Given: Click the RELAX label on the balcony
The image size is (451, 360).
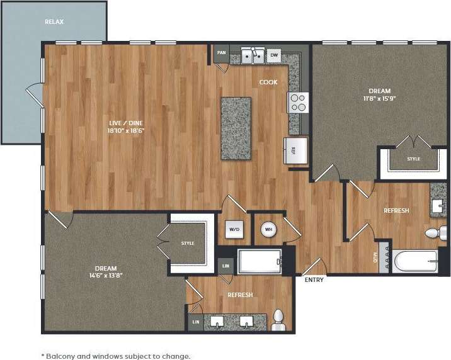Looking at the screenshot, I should coord(54,22).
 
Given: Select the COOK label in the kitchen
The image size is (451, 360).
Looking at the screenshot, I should coord(268,82).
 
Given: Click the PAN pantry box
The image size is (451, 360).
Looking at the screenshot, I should coord(221,53).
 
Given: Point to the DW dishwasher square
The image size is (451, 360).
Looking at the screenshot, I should coord(273,55).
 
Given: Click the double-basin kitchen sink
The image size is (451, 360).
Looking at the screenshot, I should coord(253,55).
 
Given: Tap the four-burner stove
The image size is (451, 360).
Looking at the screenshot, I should coord(298,102).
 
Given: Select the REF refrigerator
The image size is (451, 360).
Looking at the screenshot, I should coord(294,150).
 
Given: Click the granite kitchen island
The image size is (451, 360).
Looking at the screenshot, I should coord(236,128).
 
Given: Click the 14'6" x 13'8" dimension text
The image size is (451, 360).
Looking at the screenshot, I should coord(105,275).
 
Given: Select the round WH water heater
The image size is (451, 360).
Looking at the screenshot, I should coord(268,229).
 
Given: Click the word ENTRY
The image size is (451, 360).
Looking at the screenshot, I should coord(314,280).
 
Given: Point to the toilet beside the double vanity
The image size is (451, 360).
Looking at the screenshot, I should coord(278,320).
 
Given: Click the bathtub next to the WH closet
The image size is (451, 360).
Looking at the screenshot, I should coord(260,261).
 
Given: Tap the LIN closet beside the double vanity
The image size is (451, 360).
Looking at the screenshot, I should coord(195,322).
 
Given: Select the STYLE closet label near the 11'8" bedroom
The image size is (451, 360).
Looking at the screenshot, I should coord(413,159).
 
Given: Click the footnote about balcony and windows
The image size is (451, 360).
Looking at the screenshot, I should coord(115,356).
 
